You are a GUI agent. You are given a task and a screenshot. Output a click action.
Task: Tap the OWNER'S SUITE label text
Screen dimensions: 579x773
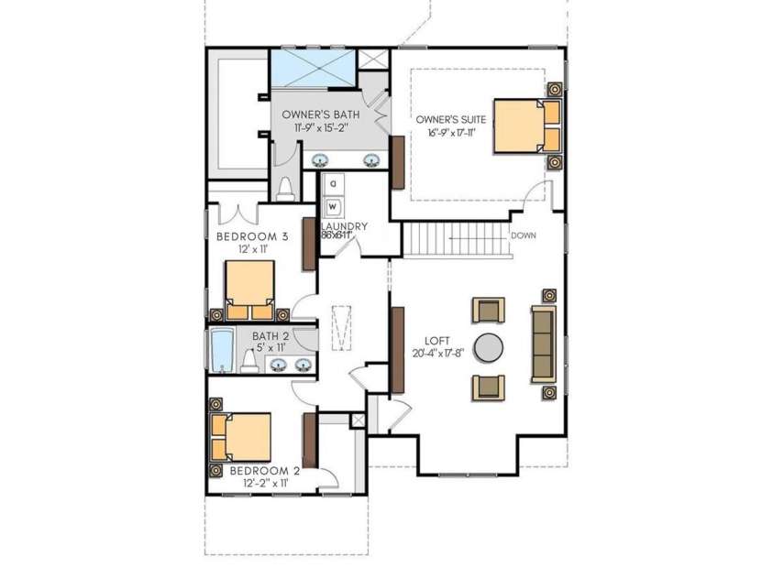point(450,120)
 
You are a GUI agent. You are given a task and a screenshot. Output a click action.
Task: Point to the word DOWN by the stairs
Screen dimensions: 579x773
point(524,235)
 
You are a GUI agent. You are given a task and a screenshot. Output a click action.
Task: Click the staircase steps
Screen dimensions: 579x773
point(456,240)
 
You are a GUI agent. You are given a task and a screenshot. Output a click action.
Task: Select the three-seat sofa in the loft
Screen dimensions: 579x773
point(543,344)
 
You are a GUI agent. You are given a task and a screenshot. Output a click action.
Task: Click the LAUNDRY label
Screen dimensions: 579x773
point(344,226)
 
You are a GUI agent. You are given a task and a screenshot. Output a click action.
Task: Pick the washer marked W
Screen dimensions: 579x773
point(333,206)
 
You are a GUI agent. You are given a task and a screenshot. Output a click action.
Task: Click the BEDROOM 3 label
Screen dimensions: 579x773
point(252,236)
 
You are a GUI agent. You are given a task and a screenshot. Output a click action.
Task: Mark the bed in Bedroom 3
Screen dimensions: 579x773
point(249,288)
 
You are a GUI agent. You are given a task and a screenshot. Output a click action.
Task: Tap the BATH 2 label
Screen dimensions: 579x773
point(271,336)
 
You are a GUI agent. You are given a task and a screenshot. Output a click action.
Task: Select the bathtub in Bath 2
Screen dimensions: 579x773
point(222,351)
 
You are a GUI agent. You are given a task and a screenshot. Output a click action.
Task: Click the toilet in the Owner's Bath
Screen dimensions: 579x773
point(284,188)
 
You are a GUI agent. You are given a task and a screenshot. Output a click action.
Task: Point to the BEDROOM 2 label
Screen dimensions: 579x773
point(252,471)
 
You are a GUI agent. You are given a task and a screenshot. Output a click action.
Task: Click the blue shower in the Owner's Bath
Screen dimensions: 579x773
point(312,69)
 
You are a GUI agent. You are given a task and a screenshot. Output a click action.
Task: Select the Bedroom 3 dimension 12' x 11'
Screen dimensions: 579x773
point(252,249)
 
